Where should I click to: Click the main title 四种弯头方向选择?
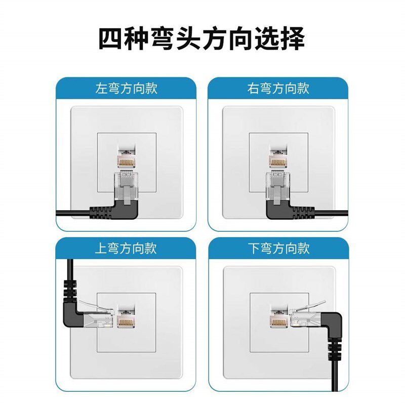coord(201,39)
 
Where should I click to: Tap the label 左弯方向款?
coord(126,88)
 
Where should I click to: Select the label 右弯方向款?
coord(278,88)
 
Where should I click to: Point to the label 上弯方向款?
coord(126,249)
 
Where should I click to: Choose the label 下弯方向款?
coord(279,249)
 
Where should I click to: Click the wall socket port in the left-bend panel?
coord(127,156)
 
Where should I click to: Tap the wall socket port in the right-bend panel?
coord(278,156)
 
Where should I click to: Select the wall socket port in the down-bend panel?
coord(279,317)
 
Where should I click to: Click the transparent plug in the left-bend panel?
coord(126,186)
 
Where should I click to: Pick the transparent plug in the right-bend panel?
coord(278,186)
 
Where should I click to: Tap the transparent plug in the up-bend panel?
coord(96,315)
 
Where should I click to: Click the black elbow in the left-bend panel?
coord(127,211)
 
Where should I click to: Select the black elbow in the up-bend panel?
coord(72,314)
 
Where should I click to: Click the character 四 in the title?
coord(110,39)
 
